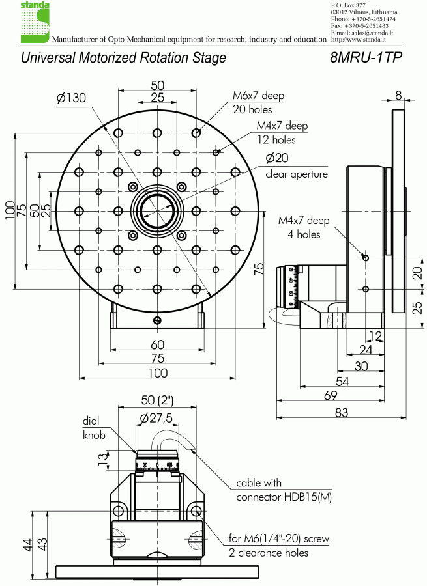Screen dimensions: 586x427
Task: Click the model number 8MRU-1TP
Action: pyautogui.click(x=366, y=57)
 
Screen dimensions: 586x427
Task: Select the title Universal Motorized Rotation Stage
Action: pyautogui.click(x=123, y=57)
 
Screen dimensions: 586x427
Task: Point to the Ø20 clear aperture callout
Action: pyautogui.click(x=296, y=166)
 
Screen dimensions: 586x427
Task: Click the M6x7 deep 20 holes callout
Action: pyautogui.click(x=258, y=103)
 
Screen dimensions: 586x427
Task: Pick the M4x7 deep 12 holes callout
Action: pyautogui.click(x=282, y=133)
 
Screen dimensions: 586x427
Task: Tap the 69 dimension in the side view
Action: pyautogui.click(x=331, y=396)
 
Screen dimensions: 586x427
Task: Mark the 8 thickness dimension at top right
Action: pyautogui.click(x=398, y=95)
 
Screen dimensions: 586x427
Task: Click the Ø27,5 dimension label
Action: pyautogui.click(x=156, y=419)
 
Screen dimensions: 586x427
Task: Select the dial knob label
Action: pyautogui.click(x=95, y=428)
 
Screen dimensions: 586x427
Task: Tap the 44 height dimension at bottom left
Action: pyautogui.click(x=28, y=545)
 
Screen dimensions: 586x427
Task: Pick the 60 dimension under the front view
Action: pyautogui.click(x=157, y=344)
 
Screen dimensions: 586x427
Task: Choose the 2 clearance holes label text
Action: pyautogui.click(x=269, y=553)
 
